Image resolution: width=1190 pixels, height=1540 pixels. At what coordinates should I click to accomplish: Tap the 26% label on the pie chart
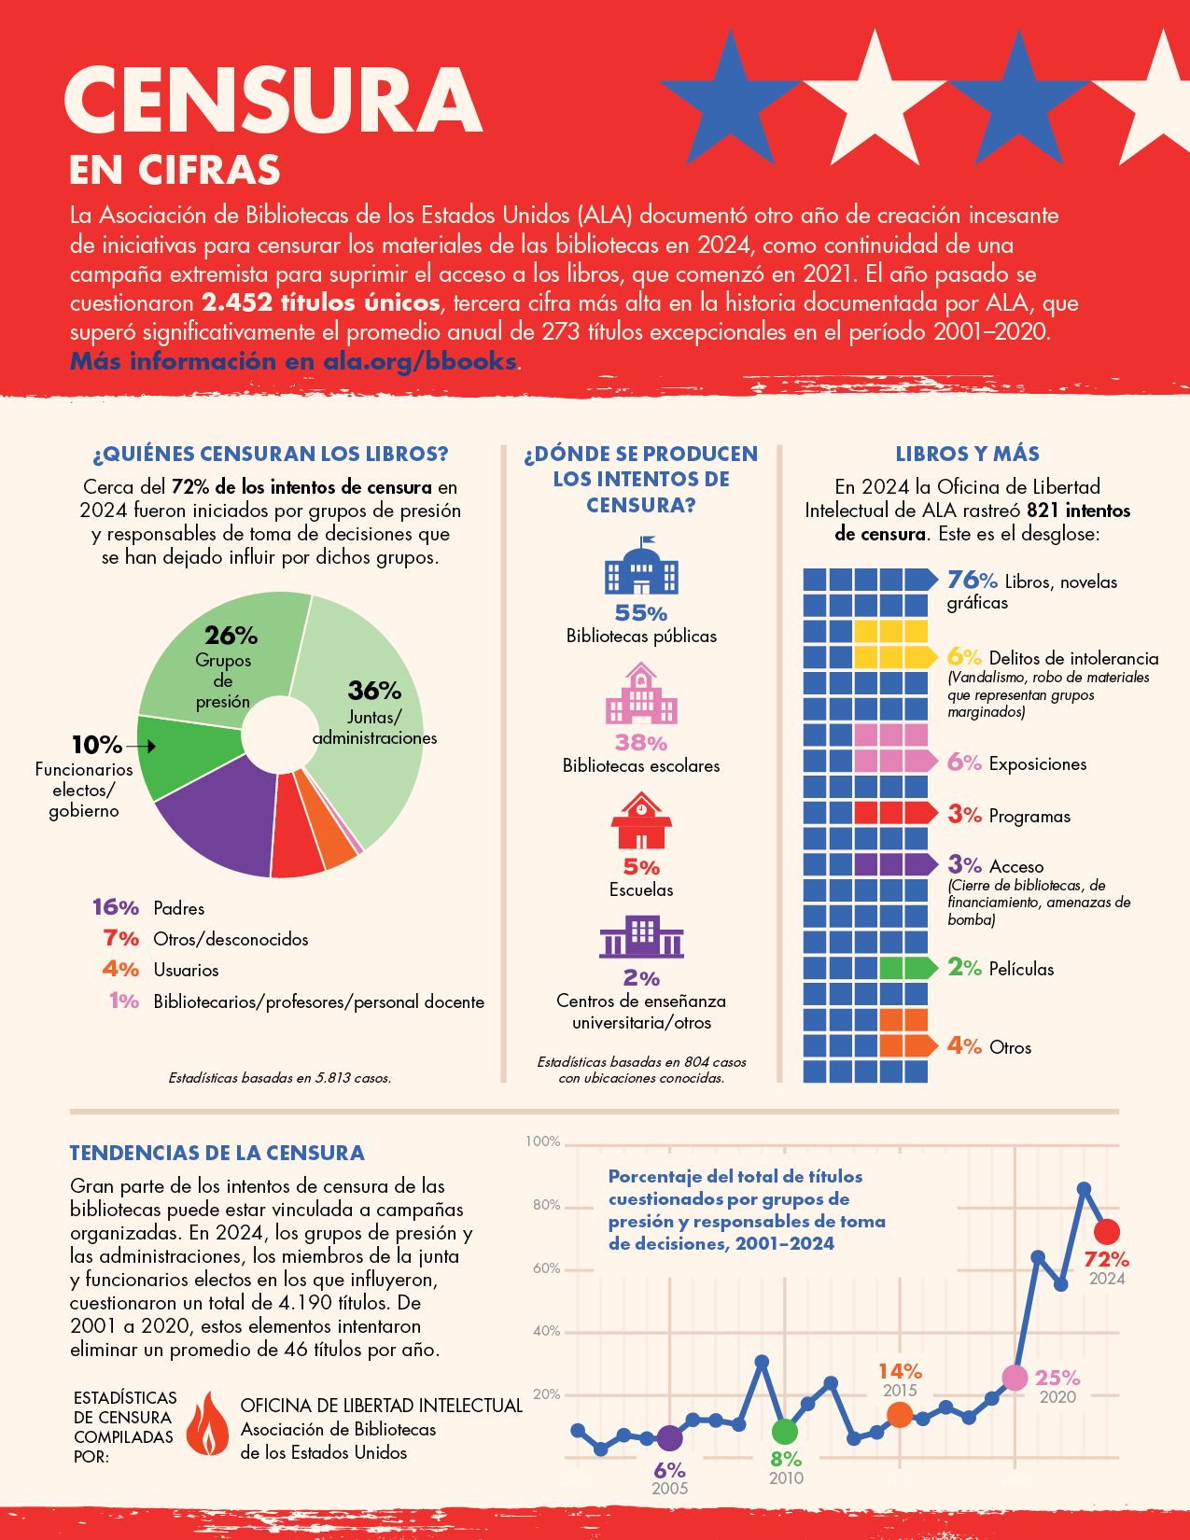click(x=231, y=636)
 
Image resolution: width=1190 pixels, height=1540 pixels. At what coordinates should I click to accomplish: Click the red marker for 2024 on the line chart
click(x=1106, y=1232)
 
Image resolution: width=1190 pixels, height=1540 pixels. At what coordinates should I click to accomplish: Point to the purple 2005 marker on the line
click(x=669, y=1438)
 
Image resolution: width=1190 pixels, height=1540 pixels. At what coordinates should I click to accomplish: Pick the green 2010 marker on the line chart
click(x=785, y=1431)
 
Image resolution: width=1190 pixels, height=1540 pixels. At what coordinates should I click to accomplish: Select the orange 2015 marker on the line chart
click(x=900, y=1415)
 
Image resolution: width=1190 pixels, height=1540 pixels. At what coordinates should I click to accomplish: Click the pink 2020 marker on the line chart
click(x=1015, y=1378)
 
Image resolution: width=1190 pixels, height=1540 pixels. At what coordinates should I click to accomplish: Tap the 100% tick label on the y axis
click(x=542, y=1141)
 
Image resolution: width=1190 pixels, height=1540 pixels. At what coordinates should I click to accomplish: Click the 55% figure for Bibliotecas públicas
click(x=641, y=613)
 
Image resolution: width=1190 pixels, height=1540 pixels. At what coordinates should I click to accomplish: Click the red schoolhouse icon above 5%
click(x=641, y=821)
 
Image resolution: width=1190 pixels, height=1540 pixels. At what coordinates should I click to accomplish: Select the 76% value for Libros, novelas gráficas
click(x=972, y=581)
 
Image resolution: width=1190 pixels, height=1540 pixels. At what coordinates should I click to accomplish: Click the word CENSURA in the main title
click(x=273, y=100)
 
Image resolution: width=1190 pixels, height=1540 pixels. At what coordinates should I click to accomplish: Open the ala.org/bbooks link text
click(x=419, y=361)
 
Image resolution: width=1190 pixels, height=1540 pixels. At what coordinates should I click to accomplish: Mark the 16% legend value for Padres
click(x=116, y=907)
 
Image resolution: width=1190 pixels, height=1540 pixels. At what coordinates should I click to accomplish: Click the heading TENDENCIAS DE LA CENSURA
click(x=217, y=1153)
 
